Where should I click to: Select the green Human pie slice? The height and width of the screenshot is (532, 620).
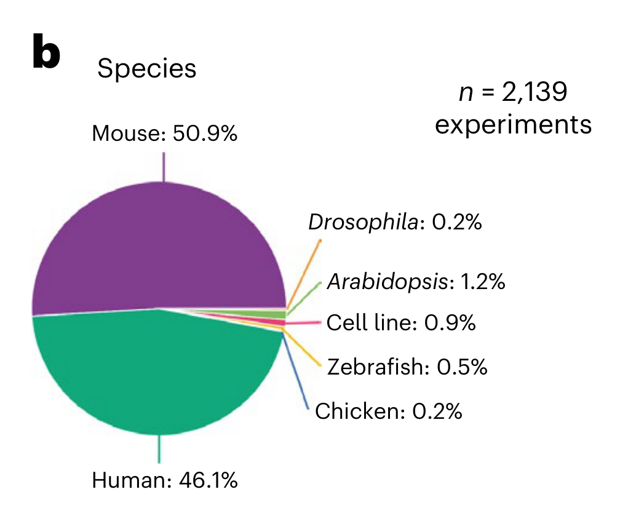click(154, 375)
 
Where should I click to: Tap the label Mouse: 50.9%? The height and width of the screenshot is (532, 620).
click(164, 133)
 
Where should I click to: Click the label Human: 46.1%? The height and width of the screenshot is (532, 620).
click(164, 480)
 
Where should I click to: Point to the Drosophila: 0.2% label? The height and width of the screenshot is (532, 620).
click(394, 222)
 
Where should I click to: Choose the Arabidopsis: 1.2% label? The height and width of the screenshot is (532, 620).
click(416, 282)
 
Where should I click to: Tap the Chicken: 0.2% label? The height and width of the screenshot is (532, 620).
click(388, 411)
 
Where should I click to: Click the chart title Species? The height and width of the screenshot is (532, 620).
click(146, 69)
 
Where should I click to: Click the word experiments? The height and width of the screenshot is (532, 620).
click(513, 125)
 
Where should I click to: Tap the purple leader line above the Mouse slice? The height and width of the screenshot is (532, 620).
click(164, 167)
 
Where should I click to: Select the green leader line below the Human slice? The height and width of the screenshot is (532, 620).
click(160, 449)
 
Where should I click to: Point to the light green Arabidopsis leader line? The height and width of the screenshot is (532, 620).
click(304, 297)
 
